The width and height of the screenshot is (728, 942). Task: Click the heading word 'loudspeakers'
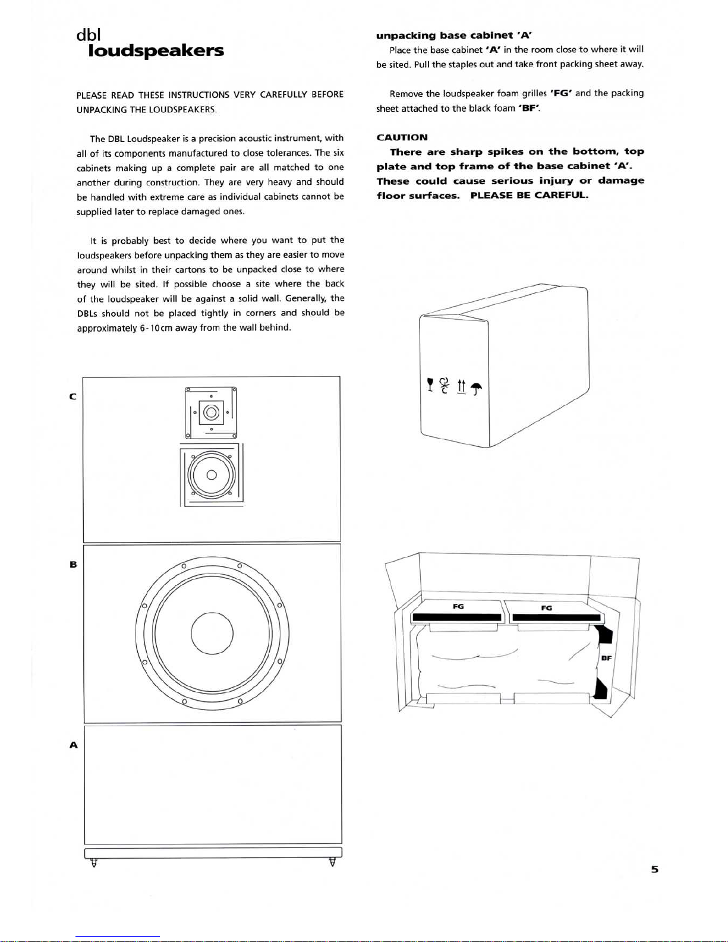coord(156,51)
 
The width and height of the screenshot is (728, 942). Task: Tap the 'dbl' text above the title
coord(89,35)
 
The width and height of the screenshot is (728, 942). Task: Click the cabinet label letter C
coord(73,396)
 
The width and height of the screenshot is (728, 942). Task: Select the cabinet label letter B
coord(73,564)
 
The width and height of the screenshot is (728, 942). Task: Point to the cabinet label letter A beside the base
coord(73,745)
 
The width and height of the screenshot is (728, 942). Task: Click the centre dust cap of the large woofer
coord(212,633)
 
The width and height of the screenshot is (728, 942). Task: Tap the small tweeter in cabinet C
coord(212,412)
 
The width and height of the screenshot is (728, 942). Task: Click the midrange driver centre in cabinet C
coord(212,475)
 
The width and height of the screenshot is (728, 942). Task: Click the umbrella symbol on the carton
coord(476,389)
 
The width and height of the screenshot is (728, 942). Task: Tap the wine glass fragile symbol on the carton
coord(430,386)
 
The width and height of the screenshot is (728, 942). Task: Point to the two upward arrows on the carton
coord(461,386)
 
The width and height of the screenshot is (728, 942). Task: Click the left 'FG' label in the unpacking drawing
coord(458,607)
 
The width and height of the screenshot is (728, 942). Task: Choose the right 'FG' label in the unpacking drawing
coord(546,608)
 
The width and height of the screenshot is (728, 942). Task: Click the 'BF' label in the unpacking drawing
coord(606,658)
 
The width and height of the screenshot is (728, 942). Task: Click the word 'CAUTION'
coord(402,137)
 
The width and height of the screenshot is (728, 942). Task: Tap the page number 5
coord(654,869)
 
